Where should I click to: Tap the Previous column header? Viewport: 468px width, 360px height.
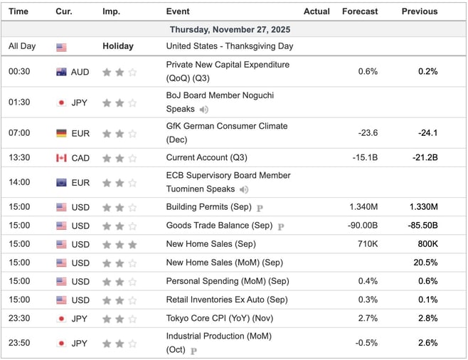tap(419, 11)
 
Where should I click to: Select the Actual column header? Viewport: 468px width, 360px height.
tap(317, 11)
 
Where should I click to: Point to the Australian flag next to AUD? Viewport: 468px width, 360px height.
tap(61, 72)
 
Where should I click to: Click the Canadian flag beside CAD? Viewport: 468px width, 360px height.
tap(61, 157)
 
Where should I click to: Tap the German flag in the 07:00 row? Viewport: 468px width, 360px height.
tap(61, 133)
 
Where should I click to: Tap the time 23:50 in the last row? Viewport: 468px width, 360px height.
tap(18, 343)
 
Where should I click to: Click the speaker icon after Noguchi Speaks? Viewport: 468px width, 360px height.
tap(204, 110)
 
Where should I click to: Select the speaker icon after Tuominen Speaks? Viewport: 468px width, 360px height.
tap(244, 189)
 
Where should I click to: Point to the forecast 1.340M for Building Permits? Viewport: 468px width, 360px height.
tap(363, 207)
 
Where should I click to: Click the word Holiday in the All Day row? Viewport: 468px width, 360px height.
tap(117, 46)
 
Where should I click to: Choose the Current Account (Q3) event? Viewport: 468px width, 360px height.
tap(206, 157)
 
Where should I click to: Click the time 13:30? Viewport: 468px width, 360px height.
tap(18, 157)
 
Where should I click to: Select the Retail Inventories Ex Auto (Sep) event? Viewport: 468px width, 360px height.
tap(227, 300)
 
